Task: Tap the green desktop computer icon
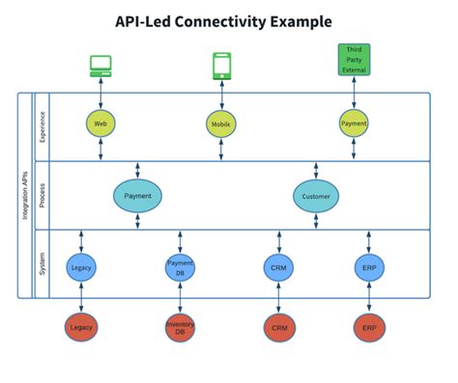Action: (x=101, y=65)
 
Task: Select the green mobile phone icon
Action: (x=220, y=65)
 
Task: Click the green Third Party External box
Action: (x=354, y=59)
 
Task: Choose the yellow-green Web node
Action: (x=100, y=123)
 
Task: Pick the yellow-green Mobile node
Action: (x=220, y=123)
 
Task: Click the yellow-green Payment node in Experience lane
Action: (x=354, y=123)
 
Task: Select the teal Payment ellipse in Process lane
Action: (x=138, y=196)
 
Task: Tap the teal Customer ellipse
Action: (x=317, y=196)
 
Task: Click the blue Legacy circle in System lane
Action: (x=82, y=267)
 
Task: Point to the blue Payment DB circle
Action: (x=181, y=267)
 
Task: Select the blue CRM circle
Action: (x=278, y=267)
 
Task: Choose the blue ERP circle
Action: (x=369, y=267)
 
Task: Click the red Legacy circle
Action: (x=82, y=328)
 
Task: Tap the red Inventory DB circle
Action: (x=181, y=328)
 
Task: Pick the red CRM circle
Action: (x=278, y=328)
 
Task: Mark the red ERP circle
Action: (x=369, y=328)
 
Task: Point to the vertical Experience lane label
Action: (x=42, y=126)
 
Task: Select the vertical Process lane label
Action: (x=42, y=195)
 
